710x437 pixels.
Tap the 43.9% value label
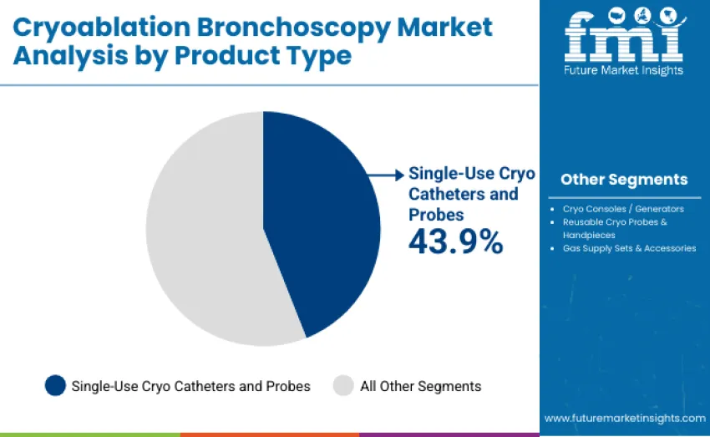[455, 241]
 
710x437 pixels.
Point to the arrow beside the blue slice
[387, 175]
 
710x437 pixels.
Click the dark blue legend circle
[55, 385]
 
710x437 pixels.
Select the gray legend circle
[343, 385]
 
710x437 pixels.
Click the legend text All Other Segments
[420, 386]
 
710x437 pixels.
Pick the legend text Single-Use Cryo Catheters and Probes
[190, 386]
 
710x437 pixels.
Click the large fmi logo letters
[622, 36]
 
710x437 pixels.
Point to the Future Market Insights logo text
[623, 70]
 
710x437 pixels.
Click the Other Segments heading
[624, 180]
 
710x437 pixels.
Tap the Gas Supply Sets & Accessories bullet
[629, 248]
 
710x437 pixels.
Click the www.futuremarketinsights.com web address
[625, 418]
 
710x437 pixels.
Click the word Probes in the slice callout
[436, 215]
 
